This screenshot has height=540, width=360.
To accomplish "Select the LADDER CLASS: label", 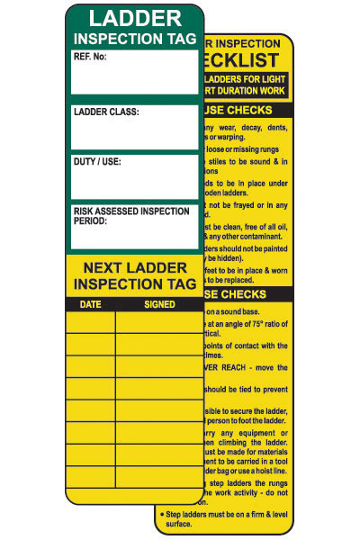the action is pyautogui.click(x=106, y=112).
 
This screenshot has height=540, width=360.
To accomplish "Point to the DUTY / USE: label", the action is pyautogui.click(x=97, y=162).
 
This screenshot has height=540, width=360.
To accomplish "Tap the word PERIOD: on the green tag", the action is pyautogui.click(x=91, y=220).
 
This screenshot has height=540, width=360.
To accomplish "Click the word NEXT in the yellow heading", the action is pyautogui.click(x=107, y=267).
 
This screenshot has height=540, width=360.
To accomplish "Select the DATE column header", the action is pyautogui.click(x=91, y=304).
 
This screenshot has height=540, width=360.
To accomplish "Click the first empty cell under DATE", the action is pyautogui.click(x=91, y=321).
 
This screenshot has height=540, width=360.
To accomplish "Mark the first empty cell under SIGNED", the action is pyautogui.click(x=158, y=321).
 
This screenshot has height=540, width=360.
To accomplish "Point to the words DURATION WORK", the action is pyautogui.click(x=251, y=91).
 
